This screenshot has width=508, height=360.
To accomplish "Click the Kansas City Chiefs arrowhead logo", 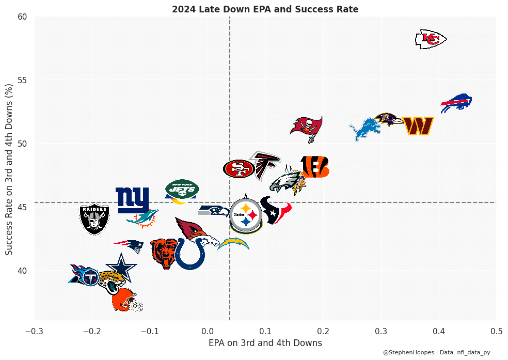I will tap(431, 39).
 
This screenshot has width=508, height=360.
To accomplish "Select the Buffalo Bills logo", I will tap(456, 103).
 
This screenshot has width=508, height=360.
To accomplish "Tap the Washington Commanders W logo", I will tap(417, 126).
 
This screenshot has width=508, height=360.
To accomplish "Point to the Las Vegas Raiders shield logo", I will tap(94, 218).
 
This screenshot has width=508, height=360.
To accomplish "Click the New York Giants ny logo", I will tap(132, 200).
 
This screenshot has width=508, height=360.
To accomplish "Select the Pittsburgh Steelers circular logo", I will tap(246, 214).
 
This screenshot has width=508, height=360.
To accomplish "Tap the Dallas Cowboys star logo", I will tap(122, 268).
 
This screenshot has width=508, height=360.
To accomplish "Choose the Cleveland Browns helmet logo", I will tap(126, 301).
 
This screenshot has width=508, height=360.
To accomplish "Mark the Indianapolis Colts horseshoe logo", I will tap(189, 254).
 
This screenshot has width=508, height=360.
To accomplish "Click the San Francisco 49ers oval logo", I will tap(239, 168).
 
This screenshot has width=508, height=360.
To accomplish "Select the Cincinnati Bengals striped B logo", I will tap(314, 167).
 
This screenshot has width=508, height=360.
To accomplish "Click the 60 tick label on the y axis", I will tap(22, 17).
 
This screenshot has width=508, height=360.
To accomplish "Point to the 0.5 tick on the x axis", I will tap(496, 331).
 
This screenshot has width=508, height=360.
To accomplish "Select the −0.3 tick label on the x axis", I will tap(34, 331).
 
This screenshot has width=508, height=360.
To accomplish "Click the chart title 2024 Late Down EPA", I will tap(265, 9).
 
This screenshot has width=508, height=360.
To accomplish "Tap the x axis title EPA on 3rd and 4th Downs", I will tap(265, 343).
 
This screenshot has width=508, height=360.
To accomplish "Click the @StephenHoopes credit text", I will tap(408, 352).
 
